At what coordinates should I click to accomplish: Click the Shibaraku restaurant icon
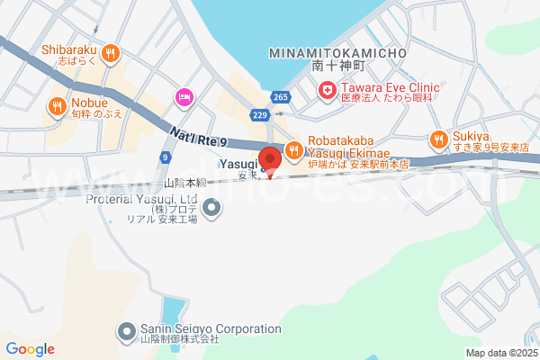tap(112, 53)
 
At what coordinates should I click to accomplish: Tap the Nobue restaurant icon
tap(57, 107)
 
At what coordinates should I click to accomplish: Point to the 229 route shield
tap(260, 115)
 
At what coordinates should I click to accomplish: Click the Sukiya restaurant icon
tap(437, 139)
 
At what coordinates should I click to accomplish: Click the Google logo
tap(30, 349)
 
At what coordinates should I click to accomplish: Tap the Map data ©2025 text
tap(500, 353)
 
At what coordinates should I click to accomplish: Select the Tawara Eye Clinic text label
tap(389, 87)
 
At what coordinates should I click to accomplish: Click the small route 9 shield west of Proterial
tap(166, 157)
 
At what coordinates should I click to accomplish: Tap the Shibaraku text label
tap(70, 50)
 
